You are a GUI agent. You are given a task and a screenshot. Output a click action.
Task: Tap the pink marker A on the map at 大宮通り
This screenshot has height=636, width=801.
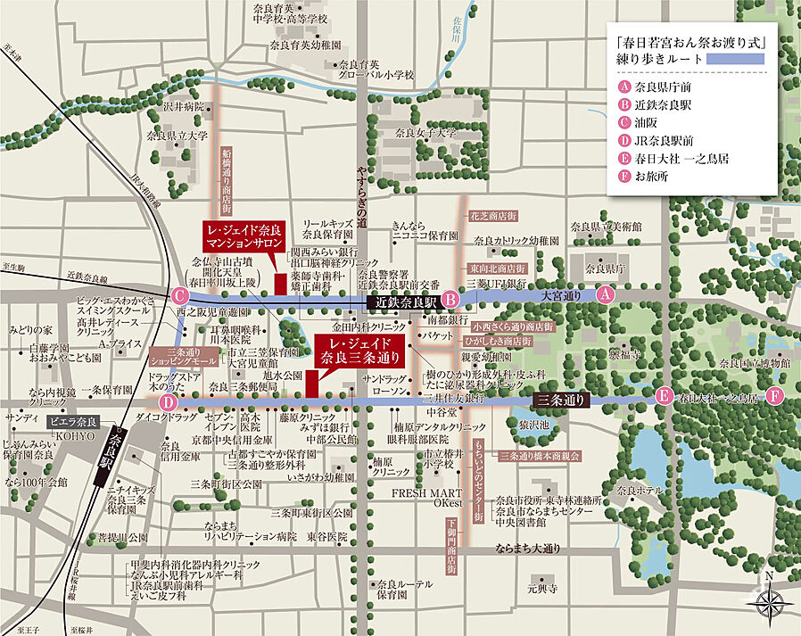click(606, 293)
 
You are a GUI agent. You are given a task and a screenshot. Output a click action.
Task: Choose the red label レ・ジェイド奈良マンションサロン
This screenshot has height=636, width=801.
click(242, 235)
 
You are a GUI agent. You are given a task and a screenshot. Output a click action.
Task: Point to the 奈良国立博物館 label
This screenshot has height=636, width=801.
click(755, 363)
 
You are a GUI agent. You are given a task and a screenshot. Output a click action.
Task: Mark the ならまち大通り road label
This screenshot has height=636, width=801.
click(532, 548)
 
